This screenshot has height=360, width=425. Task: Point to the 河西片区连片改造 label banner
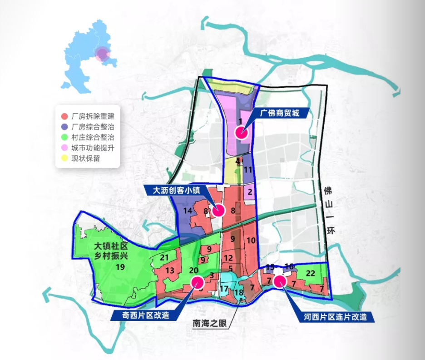coord(335,317)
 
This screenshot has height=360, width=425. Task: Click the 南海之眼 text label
coord(208,324)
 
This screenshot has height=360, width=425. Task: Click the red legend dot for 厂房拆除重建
coord(64,116)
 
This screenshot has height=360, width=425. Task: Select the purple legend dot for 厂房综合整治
coord(64,127)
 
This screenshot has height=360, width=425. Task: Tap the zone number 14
coord(188,211)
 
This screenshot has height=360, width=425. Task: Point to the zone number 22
coord(311,273)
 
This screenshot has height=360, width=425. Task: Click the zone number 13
coord(170,271)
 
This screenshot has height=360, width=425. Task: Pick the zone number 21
coord(164,258)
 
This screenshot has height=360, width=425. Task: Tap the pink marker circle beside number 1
coord(241,133)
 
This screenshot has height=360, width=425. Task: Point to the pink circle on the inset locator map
coord(103,55)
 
